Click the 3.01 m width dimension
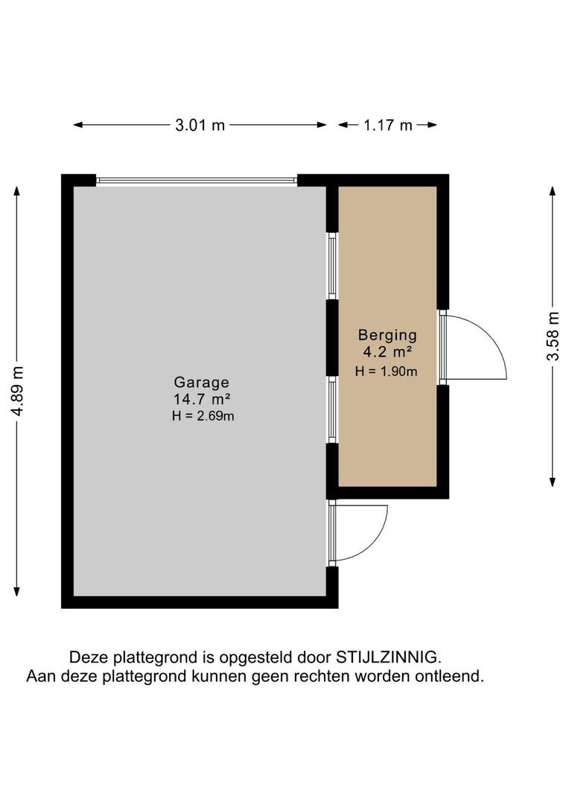click(200, 125)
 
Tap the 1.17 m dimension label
click(387, 125)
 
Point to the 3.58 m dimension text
click(553, 336)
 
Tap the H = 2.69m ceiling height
click(203, 416)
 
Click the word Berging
click(387, 335)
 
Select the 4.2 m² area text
click(387, 352)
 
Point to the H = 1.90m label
click(386, 370)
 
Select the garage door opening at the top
click(197, 180)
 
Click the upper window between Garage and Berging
click(333, 266)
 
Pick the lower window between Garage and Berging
click(333, 410)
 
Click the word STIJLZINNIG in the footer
click(387, 658)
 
